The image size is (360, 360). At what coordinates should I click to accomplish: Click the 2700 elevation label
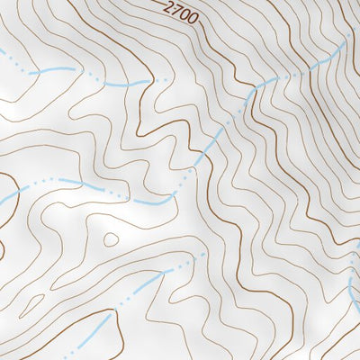point(181,12)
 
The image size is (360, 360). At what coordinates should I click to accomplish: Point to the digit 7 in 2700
point(176,10)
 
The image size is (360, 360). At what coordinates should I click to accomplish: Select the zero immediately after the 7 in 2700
point(184,13)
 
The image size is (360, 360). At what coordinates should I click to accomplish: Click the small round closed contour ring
point(111,239)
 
